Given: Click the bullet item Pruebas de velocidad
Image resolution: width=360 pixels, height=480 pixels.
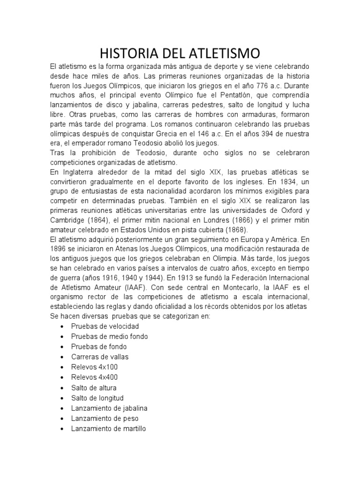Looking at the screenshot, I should pos(105,326).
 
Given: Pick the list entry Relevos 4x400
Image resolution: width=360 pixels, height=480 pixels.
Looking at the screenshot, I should pos(94,377).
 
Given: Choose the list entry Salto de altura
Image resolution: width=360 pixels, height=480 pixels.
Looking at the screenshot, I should pos(94,388).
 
